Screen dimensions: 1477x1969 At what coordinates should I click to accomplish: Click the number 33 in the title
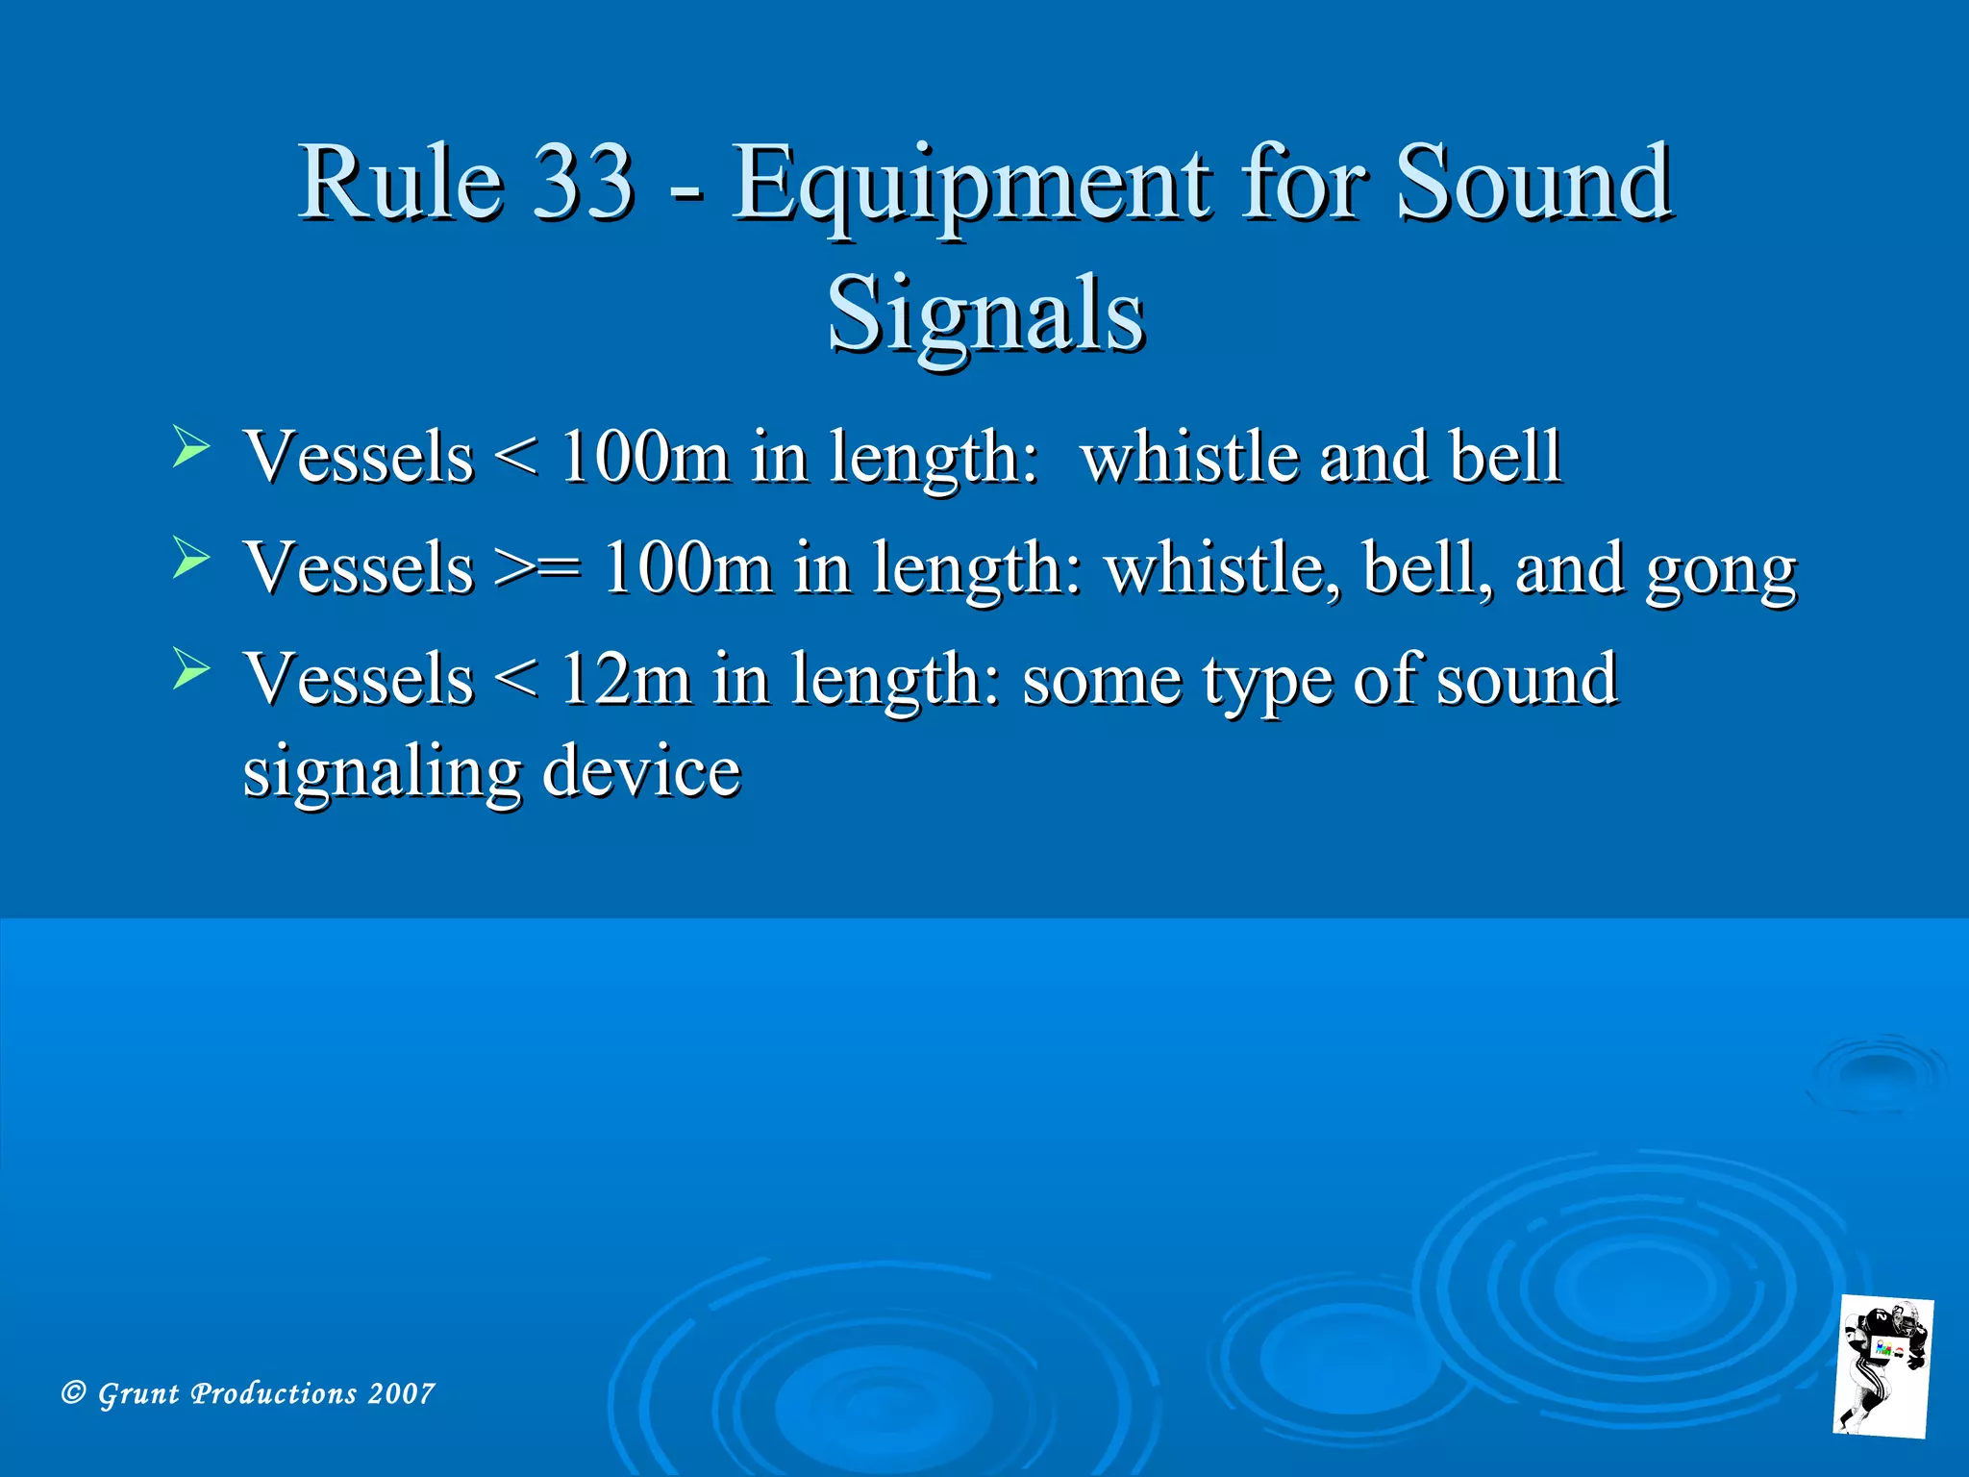584,183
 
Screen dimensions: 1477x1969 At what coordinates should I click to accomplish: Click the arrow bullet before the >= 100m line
190,559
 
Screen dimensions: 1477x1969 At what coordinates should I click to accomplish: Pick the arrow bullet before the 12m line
190,669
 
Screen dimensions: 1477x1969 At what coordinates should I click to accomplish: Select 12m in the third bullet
625,679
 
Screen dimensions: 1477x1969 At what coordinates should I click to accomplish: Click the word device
641,771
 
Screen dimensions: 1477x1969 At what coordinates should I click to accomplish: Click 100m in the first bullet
643,457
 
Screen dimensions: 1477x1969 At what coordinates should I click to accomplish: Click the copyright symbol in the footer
73,1392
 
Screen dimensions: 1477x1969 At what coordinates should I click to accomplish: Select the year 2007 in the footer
402,1393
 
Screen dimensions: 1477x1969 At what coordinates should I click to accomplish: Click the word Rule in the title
400,183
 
